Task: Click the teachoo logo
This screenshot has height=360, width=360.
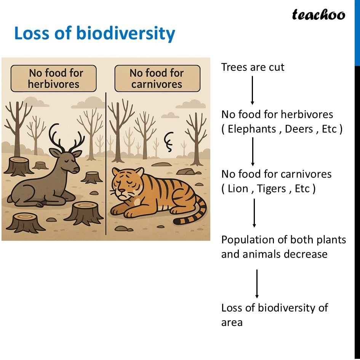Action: [x=318, y=15]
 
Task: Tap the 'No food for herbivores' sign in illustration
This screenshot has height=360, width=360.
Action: [x=53, y=78]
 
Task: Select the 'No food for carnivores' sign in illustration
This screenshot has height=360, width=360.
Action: [x=157, y=78]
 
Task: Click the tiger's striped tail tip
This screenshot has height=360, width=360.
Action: [x=177, y=221]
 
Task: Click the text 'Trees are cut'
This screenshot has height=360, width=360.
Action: [x=253, y=67]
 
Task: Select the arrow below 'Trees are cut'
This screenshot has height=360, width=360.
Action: [x=252, y=90]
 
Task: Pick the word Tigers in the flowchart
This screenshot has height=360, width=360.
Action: [x=271, y=189]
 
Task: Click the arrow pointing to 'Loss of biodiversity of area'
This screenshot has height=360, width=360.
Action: [x=257, y=284]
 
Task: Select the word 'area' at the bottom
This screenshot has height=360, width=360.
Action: [x=232, y=323]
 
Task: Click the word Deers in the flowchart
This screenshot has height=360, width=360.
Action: [x=299, y=129]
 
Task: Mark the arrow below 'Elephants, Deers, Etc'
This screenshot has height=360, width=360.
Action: [x=253, y=152]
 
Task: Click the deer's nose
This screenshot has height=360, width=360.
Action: [x=77, y=170]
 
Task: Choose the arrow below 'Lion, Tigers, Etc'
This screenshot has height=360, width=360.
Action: [x=254, y=213]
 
